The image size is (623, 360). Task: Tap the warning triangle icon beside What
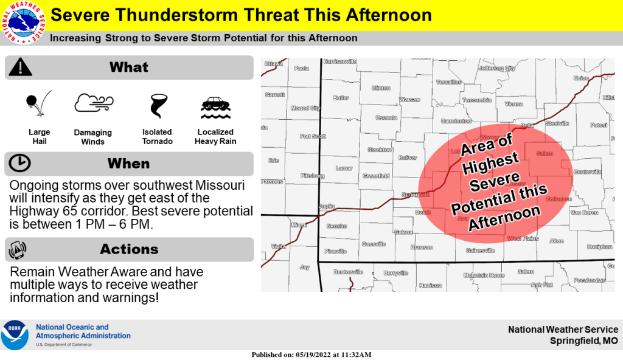pos(20,66)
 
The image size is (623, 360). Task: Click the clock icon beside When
pos(20,163)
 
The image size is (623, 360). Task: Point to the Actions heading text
pos(129,249)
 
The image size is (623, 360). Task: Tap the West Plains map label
pos(523,238)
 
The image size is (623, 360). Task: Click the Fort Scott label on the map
pos(313,136)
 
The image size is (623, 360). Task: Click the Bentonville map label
pos(347,272)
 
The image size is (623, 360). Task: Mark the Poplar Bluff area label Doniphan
pos(599,247)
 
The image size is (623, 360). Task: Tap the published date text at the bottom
pos(311,355)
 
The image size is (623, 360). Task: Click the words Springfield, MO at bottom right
pos(583,341)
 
